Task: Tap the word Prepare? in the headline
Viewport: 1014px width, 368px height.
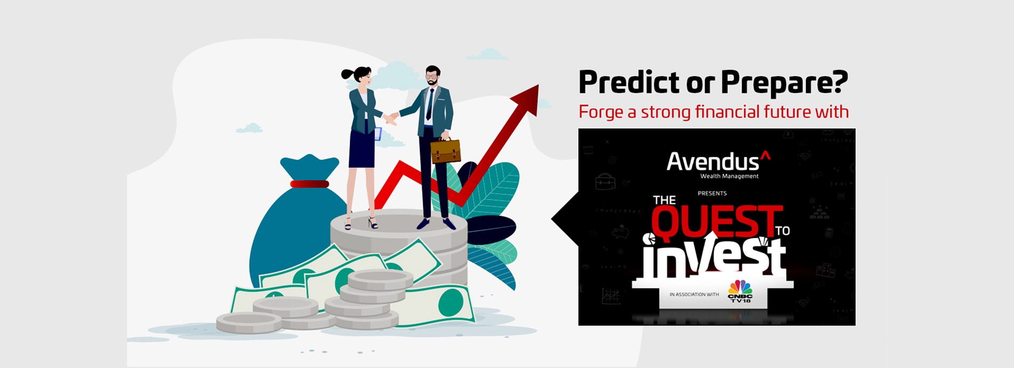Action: coord(785,83)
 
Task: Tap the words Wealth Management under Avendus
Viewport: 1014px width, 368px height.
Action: coord(729,176)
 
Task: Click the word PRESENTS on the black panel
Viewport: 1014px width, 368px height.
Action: coord(712,193)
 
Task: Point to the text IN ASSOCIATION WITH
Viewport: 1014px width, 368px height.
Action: coord(694,294)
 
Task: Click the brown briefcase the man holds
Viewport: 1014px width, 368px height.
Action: coord(445,150)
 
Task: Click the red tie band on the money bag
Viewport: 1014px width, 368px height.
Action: coord(310,184)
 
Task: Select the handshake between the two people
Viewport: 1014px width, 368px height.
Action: coord(391,117)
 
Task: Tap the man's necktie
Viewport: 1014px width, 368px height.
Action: coord(430,105)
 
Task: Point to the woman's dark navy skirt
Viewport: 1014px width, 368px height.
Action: coord(362,149)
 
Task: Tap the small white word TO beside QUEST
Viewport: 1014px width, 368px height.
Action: coord(782,231)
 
